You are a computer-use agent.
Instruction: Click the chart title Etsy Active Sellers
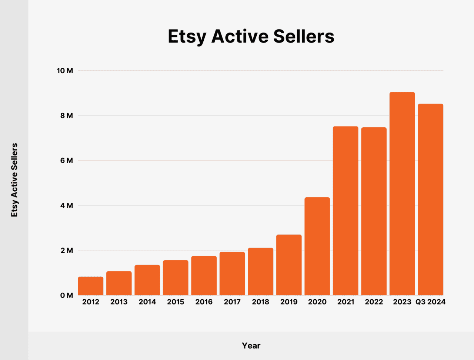pyautogui.click(x=251, y=36)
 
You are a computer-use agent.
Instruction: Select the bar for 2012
pyautogui.click(x=91, y=286)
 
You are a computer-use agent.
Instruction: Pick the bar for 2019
pyautogui.click(x=289, y=265)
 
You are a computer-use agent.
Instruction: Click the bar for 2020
pyautogui.click(x=317, y=246)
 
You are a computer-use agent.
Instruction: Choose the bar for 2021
pyautogui.click(x=346, y=211)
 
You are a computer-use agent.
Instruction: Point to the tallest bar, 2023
pyautogui.click(x=402, y=194)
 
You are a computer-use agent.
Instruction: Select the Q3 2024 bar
pyautogui.click(x=430, y=199)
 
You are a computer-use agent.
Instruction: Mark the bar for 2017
pyautogui.click(x=232, y=273)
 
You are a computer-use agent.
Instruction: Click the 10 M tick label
pyautogui.click(x=65, y=71)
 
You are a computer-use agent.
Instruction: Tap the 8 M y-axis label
pyautogui.click(x=67, y=116)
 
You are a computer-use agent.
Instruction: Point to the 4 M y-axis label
pyautogui.click(x=67, y=206)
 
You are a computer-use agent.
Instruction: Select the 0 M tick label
pyautogui.click(x=67, y=296)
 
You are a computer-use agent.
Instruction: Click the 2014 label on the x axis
pyautogui.click(x=147, y=302)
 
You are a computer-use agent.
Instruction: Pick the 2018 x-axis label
pyautogui.click(x=261, y=302)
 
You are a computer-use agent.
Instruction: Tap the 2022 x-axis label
pyautogui.click(x=374, y=302)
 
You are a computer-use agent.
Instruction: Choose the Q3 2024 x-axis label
pyautogui.click(x=430, y=302)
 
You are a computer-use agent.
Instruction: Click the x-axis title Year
pyautogui.click(x=251, y=346)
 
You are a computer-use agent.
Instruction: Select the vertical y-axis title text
pyautogui.click(x=14, y=180)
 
